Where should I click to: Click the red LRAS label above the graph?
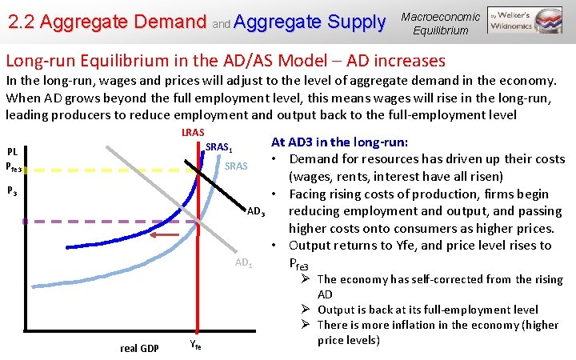(x=193, y=132)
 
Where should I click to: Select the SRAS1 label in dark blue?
(x=219, y=148)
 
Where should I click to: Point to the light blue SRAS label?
(x=236, y=166)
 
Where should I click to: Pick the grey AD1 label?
(x=244, y=263)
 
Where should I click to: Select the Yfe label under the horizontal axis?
(x=197, y=346)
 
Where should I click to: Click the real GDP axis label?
(x=139, y=348)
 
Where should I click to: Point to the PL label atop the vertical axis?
(x=13, y=151)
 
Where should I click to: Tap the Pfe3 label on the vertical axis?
(x=14, y=167)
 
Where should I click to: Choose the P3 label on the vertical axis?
(x=12, y=191)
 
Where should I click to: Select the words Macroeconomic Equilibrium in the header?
(x=441, y=23)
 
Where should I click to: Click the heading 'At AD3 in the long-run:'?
(x=340, y=142)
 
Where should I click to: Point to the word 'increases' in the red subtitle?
(x=406, y=61)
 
